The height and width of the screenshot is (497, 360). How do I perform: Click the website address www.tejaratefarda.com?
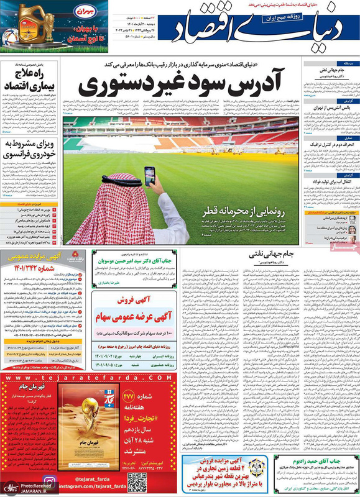pos(44,376)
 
